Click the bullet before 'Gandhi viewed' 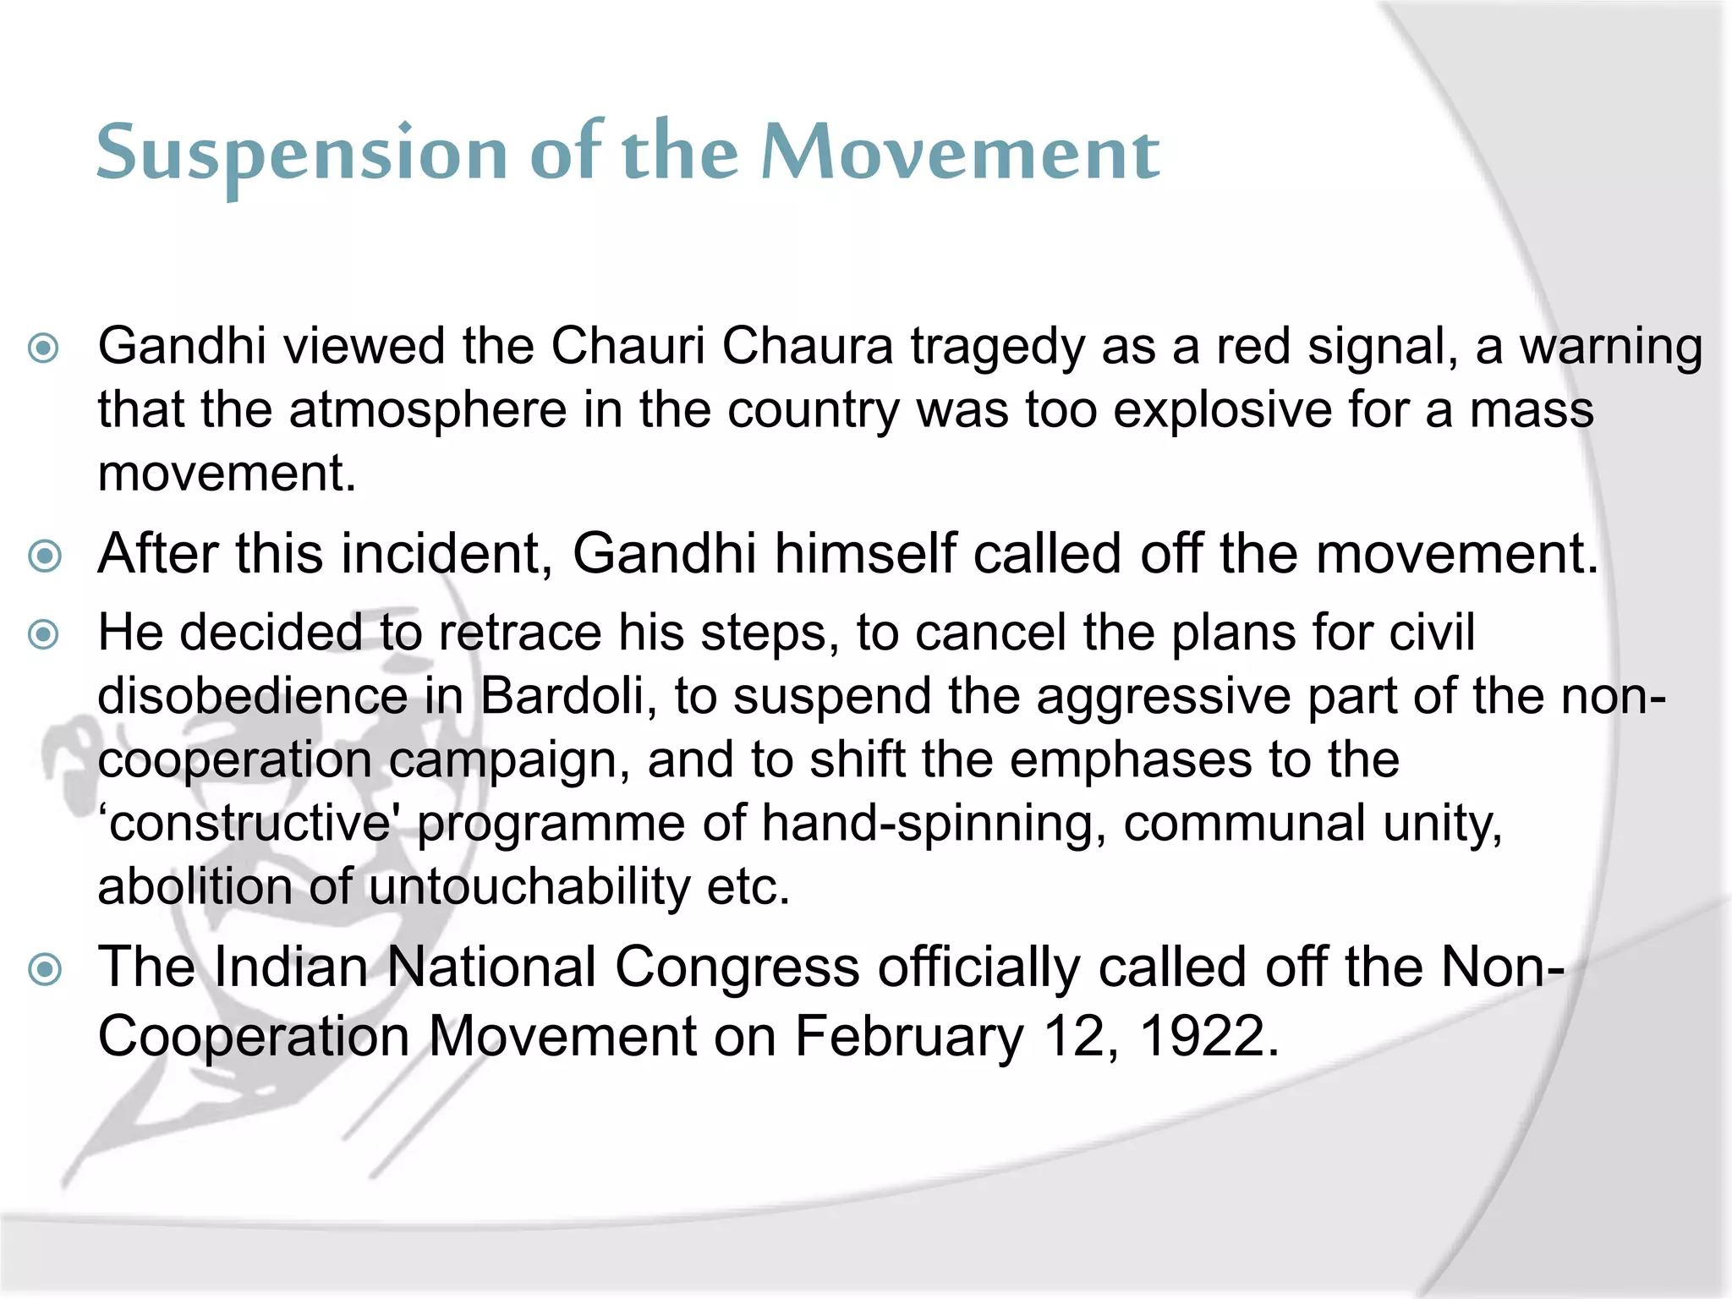point(44,348)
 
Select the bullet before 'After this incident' point(44,556)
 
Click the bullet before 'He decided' point(44,633)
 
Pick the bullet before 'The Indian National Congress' point(44,968)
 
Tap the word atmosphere point(427,411)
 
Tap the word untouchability point(529,888)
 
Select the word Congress point(737,967)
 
